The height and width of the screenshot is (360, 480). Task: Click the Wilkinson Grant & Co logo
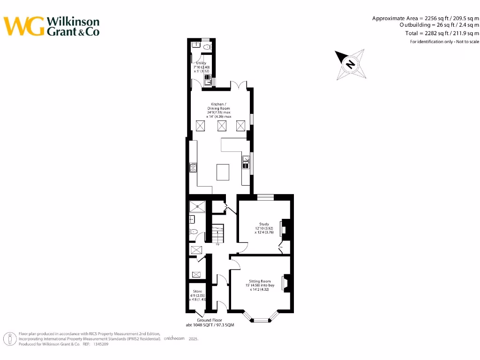click(x=52, y=26)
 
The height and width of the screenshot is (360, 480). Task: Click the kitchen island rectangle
click(x=223, y=172)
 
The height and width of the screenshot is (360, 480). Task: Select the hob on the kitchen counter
click(x=193, y=167)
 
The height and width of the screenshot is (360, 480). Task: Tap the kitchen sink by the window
click(x=246, y=163)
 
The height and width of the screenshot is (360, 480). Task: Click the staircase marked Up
click(x=217, y=233)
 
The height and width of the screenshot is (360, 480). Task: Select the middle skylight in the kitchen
click(x=221, y=126)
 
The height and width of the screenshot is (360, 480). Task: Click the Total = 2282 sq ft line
click(x=442, y=33)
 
